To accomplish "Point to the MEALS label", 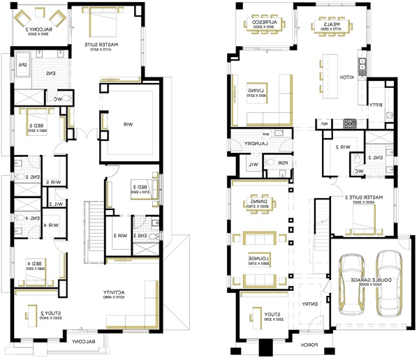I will tap(330, 25).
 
